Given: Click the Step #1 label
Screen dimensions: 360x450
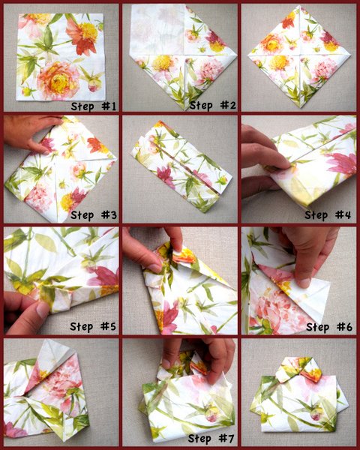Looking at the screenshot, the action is pos(94,106).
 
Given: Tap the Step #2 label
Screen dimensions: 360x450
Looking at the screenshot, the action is pos(213,106).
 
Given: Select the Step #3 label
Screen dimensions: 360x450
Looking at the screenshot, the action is pos(94,215).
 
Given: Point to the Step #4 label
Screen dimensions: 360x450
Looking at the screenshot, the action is pos(328,215).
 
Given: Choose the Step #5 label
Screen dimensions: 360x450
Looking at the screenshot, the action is pos(93,326).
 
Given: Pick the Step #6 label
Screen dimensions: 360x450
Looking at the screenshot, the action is pos(329,327).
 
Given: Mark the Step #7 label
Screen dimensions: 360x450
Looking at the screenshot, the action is pos(211,439).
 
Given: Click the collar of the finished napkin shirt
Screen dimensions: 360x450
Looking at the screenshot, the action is pos(298,370).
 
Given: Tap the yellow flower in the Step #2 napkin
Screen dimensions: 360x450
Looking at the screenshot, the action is pos(162,63).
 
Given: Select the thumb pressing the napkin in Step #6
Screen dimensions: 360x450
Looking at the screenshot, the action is pos(303,280).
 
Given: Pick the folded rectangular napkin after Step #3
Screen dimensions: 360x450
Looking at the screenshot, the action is pos(181,166).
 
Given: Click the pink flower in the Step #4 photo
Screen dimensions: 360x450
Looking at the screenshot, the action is pos(343,163).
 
